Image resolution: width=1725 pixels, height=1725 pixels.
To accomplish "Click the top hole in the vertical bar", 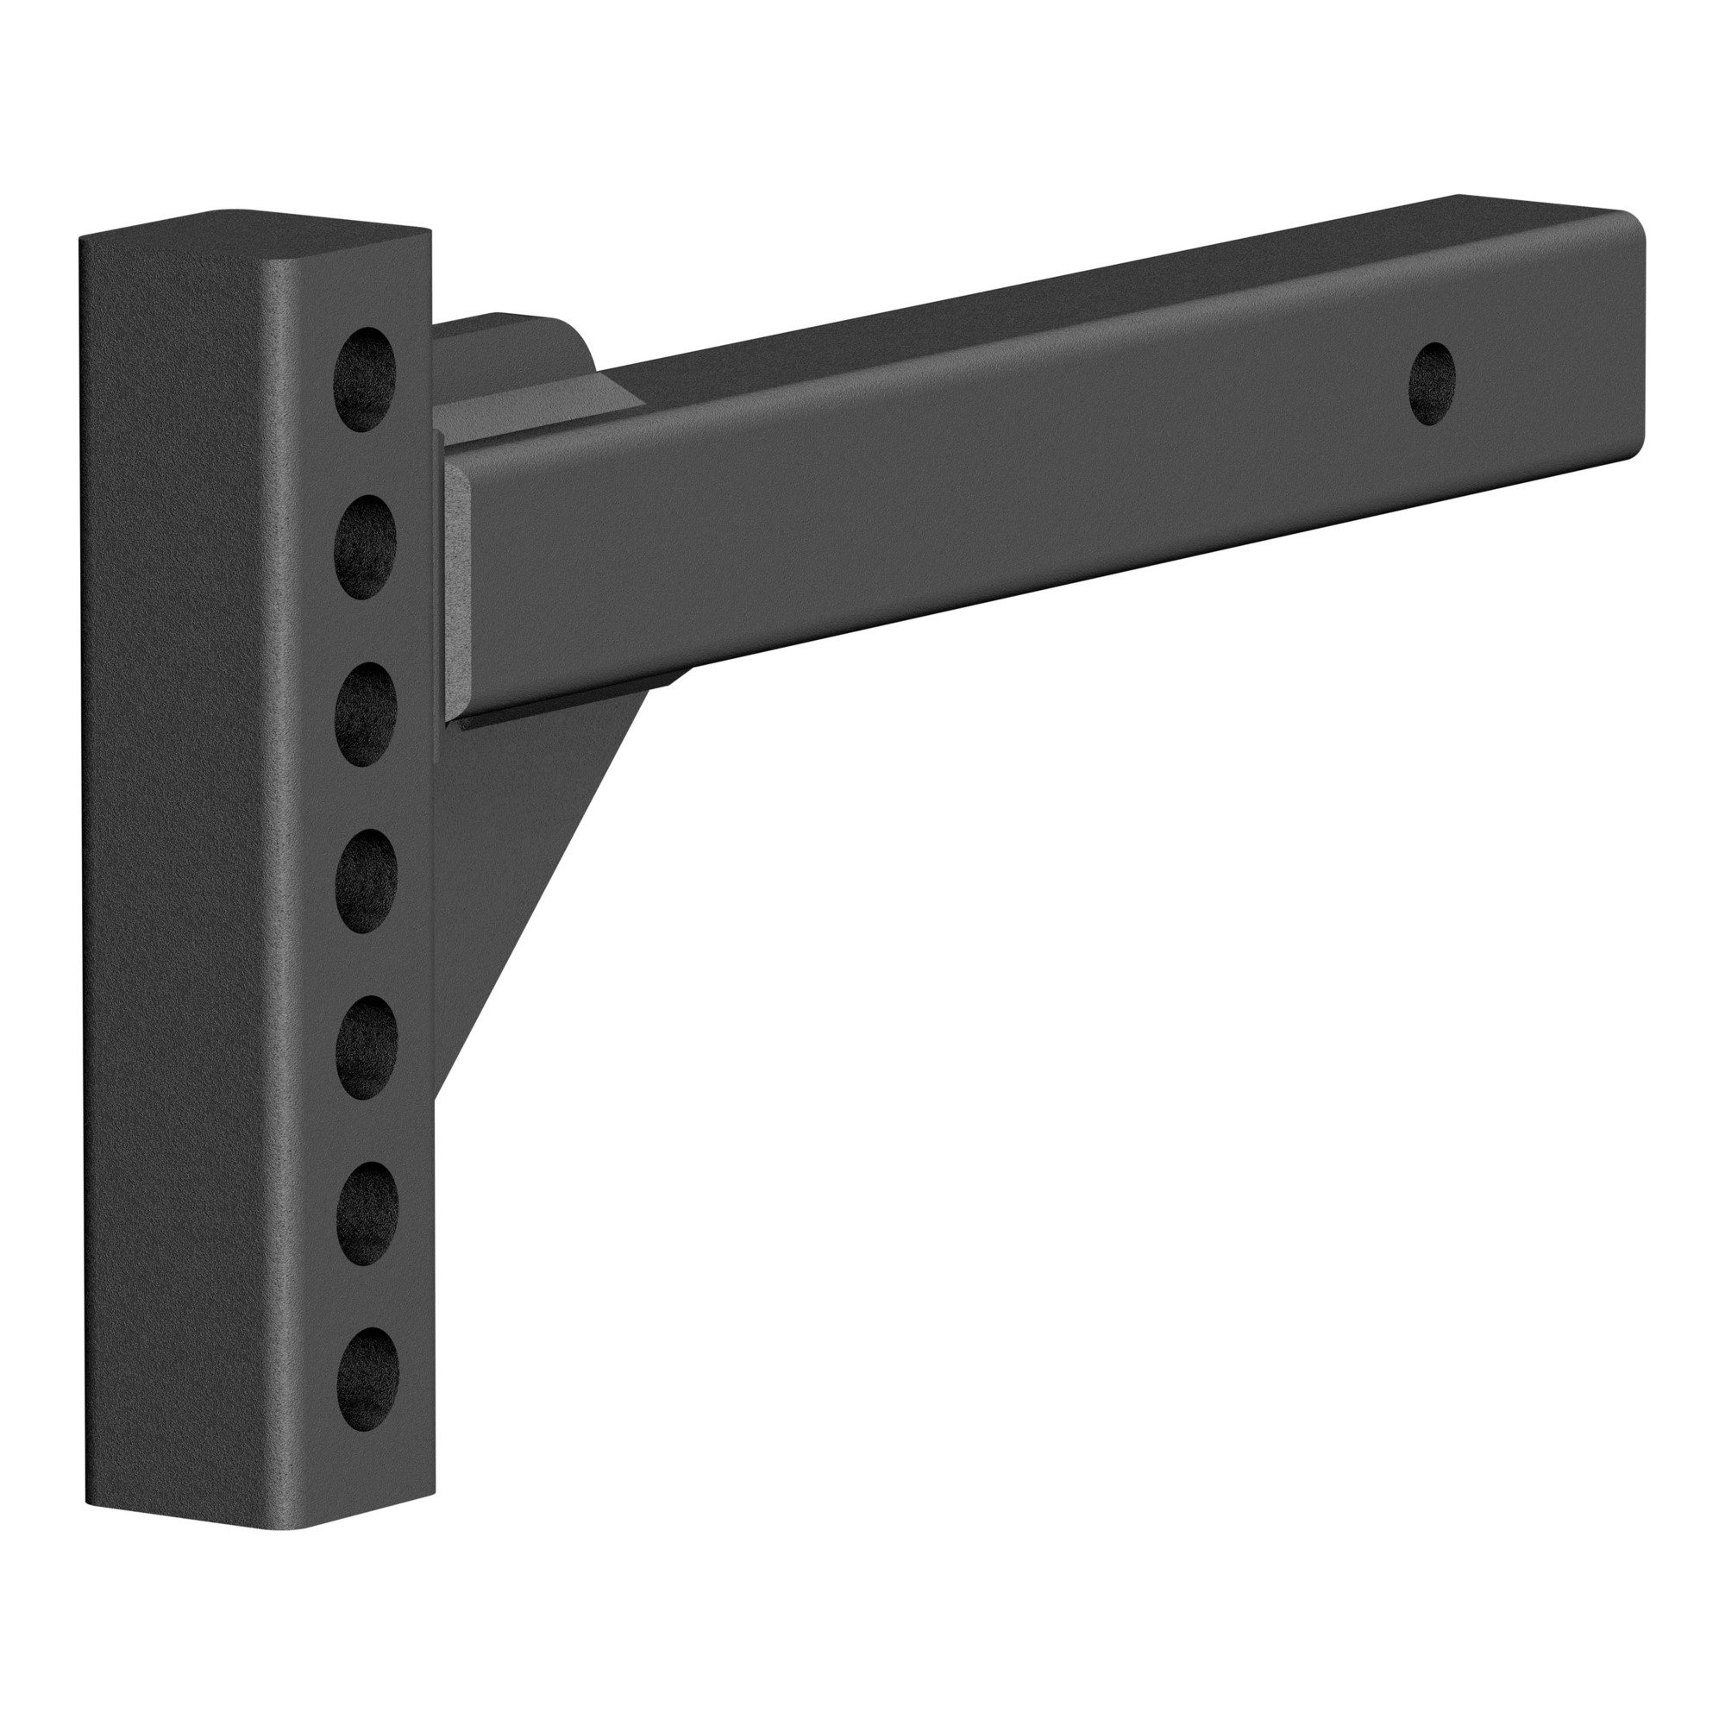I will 365,379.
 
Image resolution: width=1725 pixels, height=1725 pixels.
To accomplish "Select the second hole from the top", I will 365,547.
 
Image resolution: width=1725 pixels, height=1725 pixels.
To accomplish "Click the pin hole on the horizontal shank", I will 1431,384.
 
